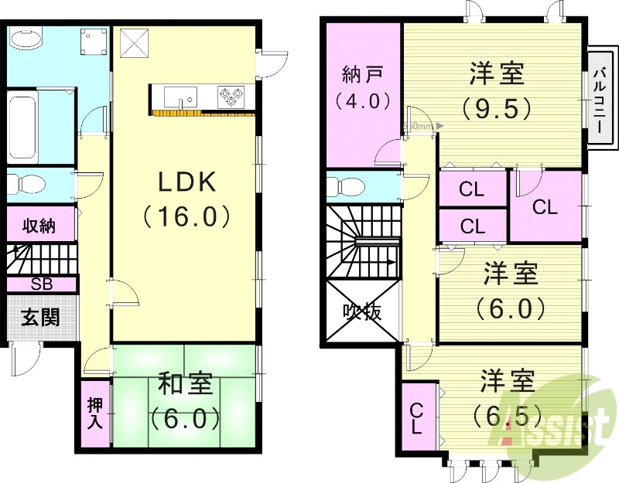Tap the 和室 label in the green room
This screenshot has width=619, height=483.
pyautogui.click(x=186, y=383)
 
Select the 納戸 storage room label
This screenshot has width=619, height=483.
pyautogui.click(x=361, y=75)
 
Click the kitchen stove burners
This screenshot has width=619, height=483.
pyautogui.click(x=231, y=97)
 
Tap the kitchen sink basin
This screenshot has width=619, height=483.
pyautogui.click(x=182, y=97)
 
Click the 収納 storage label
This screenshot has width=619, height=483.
pyautogui.click(x=39, y=226)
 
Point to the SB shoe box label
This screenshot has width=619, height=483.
pyautogui.click(x=41, y=284)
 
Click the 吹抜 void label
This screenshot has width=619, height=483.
pyautogui.click(x=362, y=312)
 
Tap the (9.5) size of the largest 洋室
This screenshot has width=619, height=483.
pyautogui.click(x=497, y=106)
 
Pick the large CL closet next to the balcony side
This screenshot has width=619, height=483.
pyautogui.click(x=545, y=207)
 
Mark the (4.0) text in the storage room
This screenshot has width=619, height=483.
pyautogui.click(x=361, y=100)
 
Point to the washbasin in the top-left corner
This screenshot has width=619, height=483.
pyautogui.click(x=26, y=39)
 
